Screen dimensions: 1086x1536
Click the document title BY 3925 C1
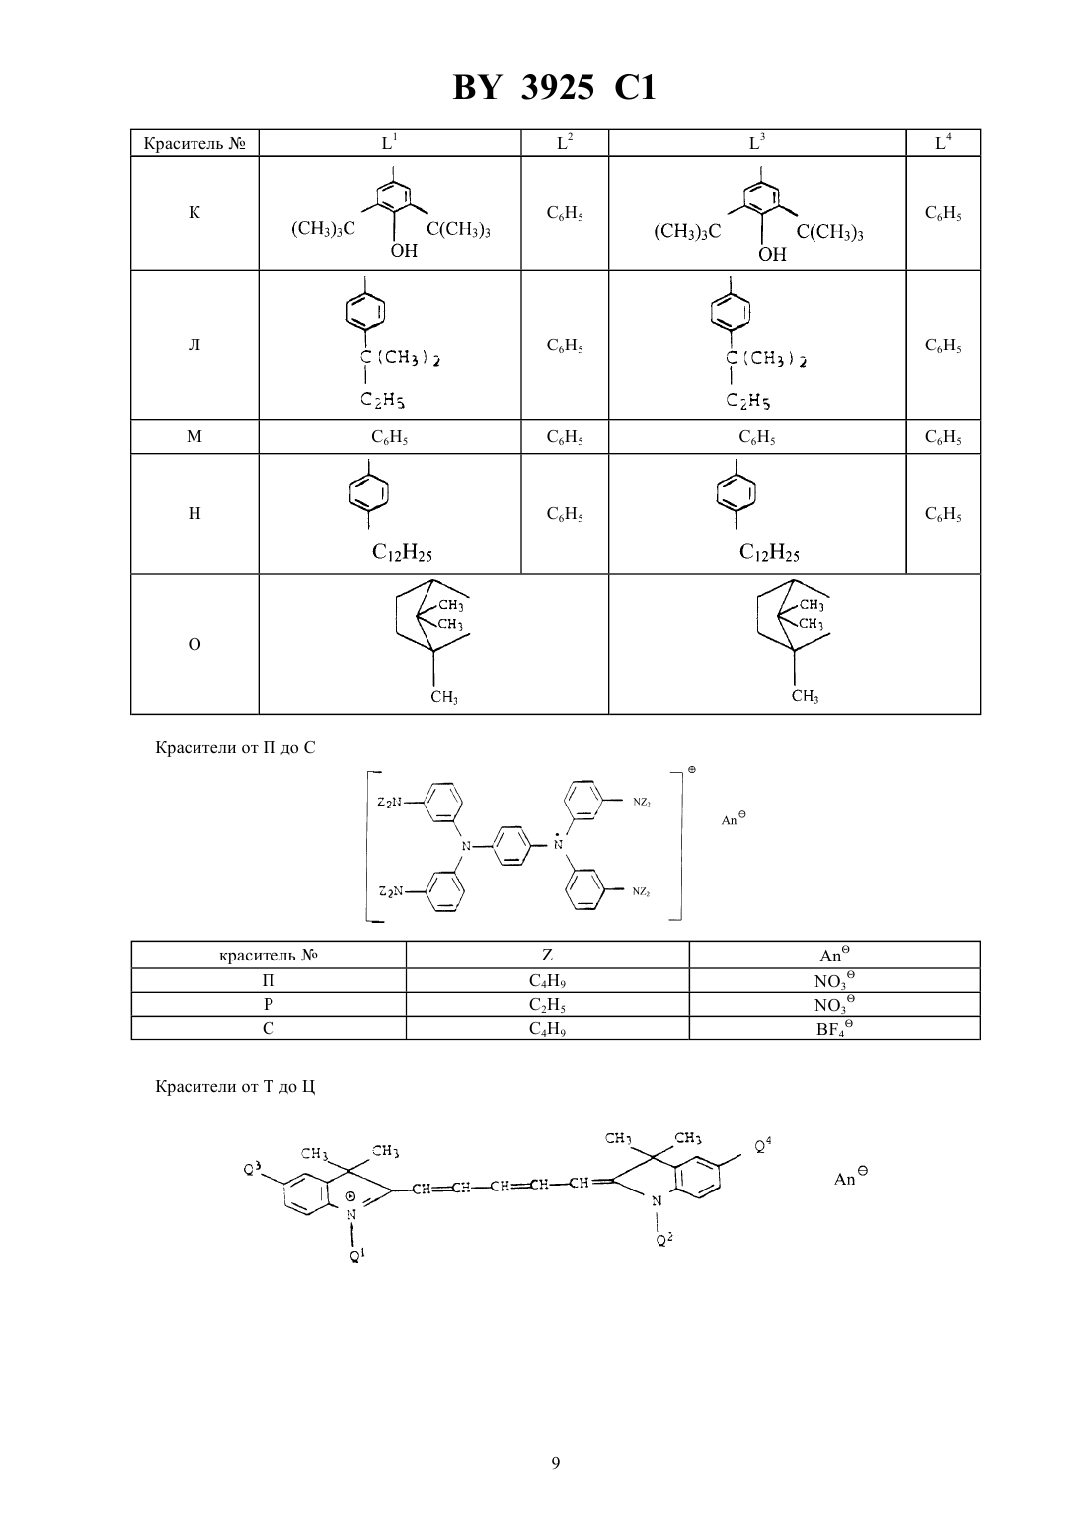[554, 88]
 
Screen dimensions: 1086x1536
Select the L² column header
[565, 142]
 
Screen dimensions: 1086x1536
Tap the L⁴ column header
[943, 142]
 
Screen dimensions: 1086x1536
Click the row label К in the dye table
[194, 212]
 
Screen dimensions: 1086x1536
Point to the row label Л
[194, 345]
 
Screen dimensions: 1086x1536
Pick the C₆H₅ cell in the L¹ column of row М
[389, 437]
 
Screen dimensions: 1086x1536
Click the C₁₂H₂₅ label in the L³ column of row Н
[769, 552]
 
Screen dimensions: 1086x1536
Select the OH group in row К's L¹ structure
[404, 251]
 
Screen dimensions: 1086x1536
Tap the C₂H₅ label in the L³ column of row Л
[748, 400]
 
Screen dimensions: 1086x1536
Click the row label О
[194, 644]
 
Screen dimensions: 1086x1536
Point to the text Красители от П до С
[235, 747]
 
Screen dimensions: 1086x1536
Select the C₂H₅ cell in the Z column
[547, 1005]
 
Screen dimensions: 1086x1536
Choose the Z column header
[547, 955]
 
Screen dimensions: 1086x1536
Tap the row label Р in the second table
[269, 1004]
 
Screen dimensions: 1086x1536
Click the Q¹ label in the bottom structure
[357, 1255]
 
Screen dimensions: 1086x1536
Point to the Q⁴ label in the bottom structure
[762, 1144]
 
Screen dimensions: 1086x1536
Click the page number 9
[555, 1463]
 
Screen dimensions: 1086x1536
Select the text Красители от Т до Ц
[235, 1086]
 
